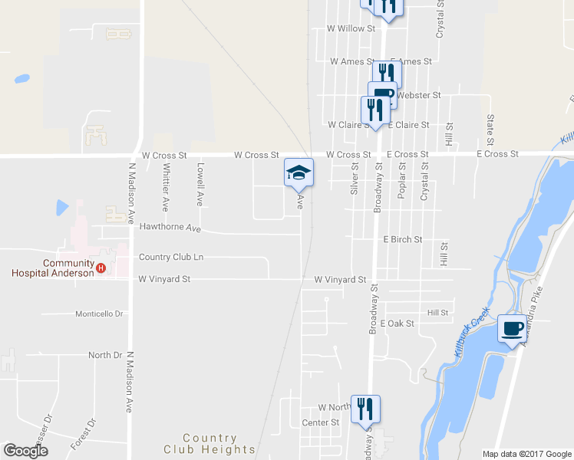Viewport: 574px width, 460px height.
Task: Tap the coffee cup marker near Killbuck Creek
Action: pos(513,329)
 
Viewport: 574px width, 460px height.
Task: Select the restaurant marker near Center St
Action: pos(365,409)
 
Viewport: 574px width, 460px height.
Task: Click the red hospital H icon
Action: pos(101,268)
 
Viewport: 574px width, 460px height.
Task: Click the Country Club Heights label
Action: pos(209,444)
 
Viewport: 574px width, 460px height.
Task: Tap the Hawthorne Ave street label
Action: pos(170,228)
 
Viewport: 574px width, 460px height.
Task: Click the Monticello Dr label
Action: pos(99,314)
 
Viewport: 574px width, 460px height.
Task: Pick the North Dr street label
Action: pos(105,355)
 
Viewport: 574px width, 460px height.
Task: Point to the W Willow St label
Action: pos(350,28)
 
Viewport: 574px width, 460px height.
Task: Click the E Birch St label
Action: pos(403,239)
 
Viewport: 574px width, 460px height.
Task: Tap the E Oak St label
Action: pos(397,324)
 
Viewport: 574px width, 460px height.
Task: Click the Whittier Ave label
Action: pos(165,186)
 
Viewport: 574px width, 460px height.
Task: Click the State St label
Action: pos(490,130)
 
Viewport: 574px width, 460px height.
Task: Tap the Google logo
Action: pos(25,451)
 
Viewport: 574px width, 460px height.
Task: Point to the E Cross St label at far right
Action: pos(497,154)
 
